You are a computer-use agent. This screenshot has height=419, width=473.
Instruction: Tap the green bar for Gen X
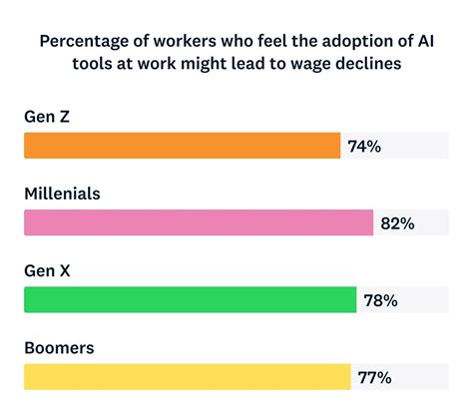coord(190,299)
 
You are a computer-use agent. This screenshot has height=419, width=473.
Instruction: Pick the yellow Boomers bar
coord(187,376)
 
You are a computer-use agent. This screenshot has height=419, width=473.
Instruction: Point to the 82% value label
coord(397,223)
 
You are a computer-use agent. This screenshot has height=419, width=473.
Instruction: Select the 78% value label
coord(380,300)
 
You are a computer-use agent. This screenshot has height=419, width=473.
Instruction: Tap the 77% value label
coord(375,377)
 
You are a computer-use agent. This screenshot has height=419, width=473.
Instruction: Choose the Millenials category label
coord(62,194)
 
